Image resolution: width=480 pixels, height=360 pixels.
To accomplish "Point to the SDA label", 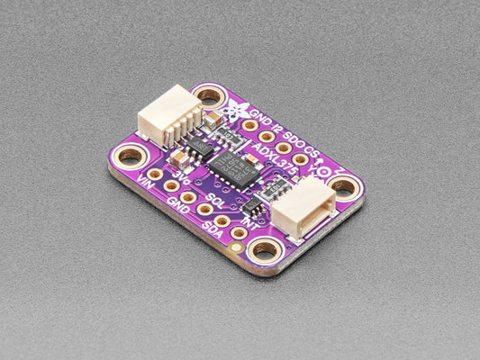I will tap(213, 230).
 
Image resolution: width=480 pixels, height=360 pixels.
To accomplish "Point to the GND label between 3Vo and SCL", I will tap(177, 203).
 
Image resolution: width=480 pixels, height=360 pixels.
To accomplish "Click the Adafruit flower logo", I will tap(236, 111).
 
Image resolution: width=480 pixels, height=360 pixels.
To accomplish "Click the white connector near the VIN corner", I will tap(168, 113).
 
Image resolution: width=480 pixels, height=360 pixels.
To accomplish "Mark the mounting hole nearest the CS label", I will tap(343, 186).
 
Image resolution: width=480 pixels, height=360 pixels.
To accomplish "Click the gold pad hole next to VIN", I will tap(155, 174).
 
